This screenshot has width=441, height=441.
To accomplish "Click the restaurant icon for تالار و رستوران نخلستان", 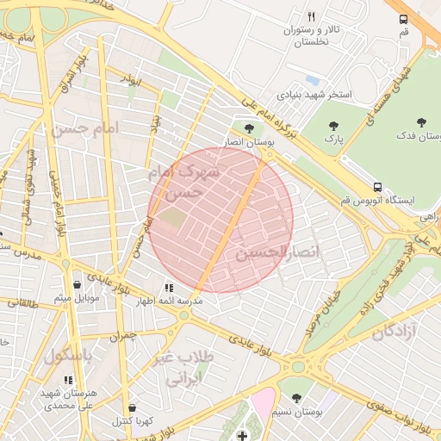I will pos(311,16).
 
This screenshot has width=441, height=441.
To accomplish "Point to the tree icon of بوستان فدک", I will pos(421,122).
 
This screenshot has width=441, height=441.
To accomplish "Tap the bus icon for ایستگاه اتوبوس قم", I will pos(377,186).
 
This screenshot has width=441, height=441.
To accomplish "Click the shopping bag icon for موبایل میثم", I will pos(78,284).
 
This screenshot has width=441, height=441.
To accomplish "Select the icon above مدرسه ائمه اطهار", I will pos(169,287).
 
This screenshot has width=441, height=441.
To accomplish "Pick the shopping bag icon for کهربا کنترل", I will pos(131,407).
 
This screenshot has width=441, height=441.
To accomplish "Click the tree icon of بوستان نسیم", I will pos(296,398).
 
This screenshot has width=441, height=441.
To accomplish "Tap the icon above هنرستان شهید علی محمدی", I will pos(68,379).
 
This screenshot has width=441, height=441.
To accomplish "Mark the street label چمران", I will pos(123,334).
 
